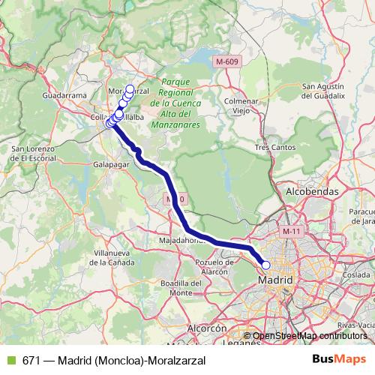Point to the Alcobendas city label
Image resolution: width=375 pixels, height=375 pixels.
point(312,192)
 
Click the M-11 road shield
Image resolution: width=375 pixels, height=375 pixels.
point(289,233)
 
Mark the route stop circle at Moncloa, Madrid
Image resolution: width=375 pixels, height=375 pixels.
point(265,265)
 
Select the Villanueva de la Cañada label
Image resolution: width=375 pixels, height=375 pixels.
point(104,259)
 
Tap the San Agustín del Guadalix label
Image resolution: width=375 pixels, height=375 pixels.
point(322,91)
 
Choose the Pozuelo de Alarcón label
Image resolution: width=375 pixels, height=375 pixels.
point(216,266)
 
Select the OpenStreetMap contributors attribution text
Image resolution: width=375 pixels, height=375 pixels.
point(307,335)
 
